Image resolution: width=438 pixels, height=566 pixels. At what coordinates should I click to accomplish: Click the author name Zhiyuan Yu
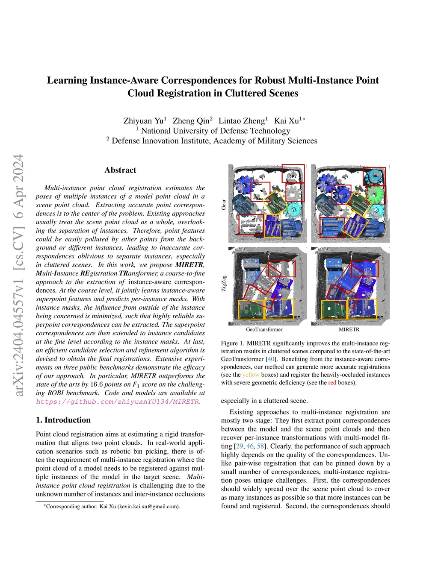(143, 121)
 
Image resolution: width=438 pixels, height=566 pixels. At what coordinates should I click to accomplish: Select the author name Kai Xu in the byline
(286, 121)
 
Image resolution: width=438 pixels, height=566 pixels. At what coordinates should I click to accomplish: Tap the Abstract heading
(120, 170)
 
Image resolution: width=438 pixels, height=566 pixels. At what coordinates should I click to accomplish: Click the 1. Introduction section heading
(63, 420)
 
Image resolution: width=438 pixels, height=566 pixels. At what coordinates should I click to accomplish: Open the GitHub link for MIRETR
(118, 402)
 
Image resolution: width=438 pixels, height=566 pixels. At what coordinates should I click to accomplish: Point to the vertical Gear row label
(224, 204)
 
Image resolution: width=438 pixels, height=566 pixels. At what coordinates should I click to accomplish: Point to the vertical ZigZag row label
(224, 284)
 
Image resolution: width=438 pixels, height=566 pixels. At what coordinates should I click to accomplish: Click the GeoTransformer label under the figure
(264, 329)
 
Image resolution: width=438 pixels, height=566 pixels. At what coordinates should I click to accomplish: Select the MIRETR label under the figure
(349, 329)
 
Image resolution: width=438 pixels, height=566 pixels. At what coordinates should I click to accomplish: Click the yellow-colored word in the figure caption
(251, 375)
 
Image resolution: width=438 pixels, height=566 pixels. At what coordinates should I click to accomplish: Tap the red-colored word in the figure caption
(332, 383)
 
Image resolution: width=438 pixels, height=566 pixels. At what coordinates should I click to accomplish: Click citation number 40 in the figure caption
(271, 359)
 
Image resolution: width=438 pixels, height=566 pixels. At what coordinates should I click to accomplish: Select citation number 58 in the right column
(260, 446)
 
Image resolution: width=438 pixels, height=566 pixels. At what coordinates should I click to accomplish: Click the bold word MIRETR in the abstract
(189, 265)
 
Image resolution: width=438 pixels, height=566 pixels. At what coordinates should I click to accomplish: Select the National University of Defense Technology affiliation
(215, 131)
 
